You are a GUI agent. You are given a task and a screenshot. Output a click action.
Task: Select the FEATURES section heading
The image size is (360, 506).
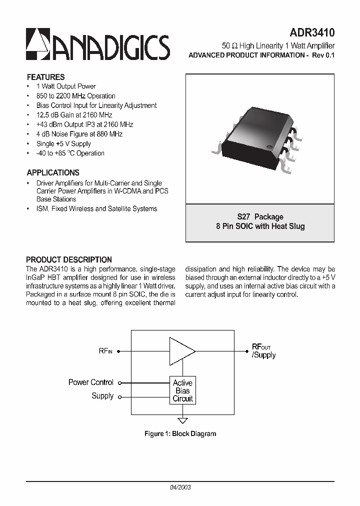point(45,77)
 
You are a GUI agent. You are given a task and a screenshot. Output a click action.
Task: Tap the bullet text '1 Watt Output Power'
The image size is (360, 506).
point(65,86)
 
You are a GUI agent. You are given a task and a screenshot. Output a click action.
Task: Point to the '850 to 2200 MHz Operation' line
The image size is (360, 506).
point(75,96)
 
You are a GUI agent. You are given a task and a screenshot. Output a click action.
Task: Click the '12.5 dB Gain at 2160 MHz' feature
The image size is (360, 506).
point(74,115)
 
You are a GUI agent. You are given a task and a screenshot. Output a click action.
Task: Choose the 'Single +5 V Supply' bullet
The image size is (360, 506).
point(63,143)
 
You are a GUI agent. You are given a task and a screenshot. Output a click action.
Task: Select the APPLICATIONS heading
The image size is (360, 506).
point(53,172)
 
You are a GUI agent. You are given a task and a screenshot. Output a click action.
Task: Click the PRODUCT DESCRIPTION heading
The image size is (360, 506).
point(69,259)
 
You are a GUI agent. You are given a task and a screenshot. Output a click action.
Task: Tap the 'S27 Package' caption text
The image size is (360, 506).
point(260,217)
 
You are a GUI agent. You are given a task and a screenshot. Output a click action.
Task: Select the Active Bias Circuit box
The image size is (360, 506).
point(182,390)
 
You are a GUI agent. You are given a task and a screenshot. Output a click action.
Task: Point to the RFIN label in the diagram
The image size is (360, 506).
point(105,351)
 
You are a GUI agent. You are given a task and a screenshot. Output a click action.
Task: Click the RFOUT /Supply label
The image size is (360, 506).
point(263,351)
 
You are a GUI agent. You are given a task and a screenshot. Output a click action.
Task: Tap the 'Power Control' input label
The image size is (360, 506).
point(91,382)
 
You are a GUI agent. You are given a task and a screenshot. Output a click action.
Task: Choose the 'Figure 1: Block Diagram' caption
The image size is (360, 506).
point(180,433)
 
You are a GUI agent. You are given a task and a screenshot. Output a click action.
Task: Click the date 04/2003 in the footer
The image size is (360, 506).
point(180,486)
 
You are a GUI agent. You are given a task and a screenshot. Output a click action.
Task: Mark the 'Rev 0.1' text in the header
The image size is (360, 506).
point(323,55)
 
